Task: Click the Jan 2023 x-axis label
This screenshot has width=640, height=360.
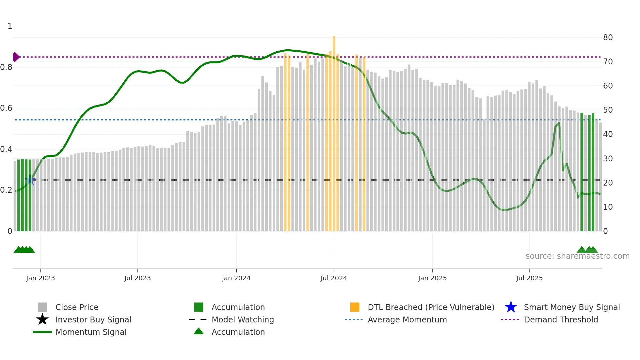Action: [x=40, y=278]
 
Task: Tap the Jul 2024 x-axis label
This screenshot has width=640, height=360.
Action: [x=334, y=278]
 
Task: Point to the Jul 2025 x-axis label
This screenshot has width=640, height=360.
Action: [x=529, y=278]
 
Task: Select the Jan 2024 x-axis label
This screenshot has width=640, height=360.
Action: [x=236, y=278]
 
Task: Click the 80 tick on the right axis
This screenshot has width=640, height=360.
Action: [x=608, y=38]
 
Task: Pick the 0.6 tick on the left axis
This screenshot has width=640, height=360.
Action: [x=6, y=108]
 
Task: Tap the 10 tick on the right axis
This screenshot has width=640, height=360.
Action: [x=608, y=207]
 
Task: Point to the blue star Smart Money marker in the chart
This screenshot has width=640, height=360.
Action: [x=30, y=180]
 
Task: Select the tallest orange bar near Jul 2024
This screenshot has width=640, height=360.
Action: [x=334, y=131]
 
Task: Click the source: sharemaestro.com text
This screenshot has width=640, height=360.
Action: [x=577, y=256]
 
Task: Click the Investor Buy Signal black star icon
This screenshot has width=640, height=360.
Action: [x=42, y=319]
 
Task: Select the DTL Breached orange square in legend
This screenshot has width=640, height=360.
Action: [x=355, y=307]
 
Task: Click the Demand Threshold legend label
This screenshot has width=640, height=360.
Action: [x=561, y=319]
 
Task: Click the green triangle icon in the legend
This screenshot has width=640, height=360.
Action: [x=199, y=331]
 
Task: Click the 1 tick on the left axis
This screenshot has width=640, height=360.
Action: [x=10, y=26]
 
